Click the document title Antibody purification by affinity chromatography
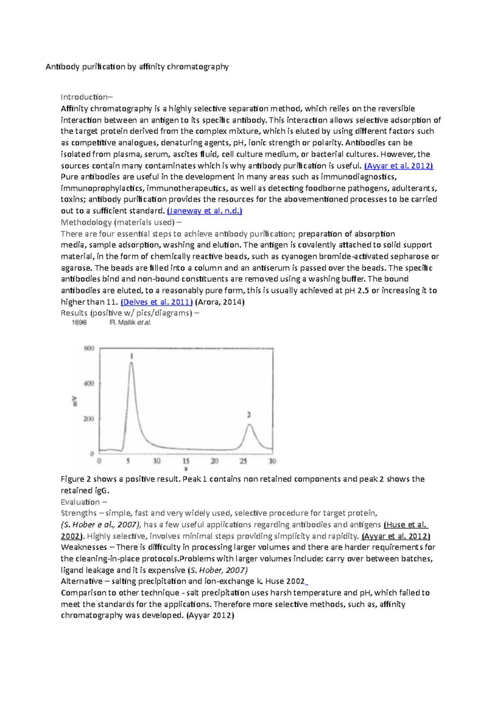(137, 67)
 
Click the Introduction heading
(86, 97)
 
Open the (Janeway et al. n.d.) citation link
(205, 211)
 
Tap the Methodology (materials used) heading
(117, 222)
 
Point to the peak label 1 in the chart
(132, 356)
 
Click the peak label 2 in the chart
(249, 415)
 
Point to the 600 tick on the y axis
(89, 348)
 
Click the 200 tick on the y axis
(89, 419)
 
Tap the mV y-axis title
(75, 401)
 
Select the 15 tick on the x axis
(186, 461)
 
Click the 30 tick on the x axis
(272, 461)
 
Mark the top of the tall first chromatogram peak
(131, 363)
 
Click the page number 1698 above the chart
(79, 322)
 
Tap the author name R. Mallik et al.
(130, 322)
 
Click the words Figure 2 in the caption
(76, 479)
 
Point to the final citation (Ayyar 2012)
(210, 616)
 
